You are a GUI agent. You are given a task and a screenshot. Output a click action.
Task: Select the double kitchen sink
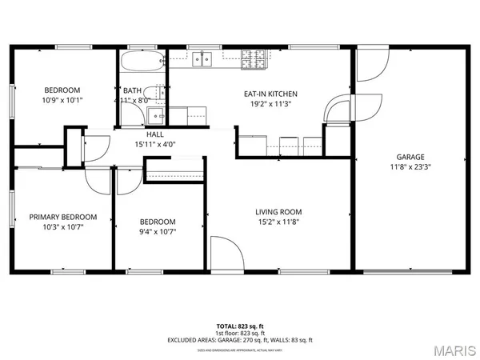(x=201, y=58)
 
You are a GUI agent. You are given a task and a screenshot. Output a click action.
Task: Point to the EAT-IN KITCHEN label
(x=269, y=94)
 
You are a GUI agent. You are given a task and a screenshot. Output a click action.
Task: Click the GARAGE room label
(x=410, y=157)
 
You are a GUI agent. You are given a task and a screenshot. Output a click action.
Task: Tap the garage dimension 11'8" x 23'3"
(x=410, y=168)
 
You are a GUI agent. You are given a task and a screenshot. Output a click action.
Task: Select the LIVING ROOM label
(x=278, y=212)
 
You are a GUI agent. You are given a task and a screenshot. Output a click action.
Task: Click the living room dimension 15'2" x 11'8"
(x=278, y=223)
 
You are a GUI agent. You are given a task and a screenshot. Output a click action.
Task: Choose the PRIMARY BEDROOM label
(x=63, y=217)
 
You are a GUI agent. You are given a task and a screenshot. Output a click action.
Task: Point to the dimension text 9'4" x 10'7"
(x=158, y=232)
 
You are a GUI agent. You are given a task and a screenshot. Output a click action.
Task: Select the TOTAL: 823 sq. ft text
(x=240, y=326)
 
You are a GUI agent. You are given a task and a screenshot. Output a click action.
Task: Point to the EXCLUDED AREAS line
(x=240, y=340)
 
